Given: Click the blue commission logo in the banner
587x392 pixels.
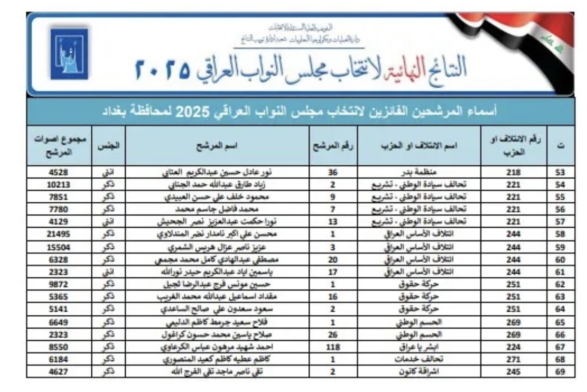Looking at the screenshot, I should point(70,53).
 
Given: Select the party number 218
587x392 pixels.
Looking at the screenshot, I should point(514,172).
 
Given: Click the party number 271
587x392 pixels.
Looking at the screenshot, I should point(514,359).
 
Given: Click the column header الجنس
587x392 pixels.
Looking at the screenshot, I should point(108,146).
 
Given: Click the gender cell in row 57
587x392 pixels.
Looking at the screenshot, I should point(108,221).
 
